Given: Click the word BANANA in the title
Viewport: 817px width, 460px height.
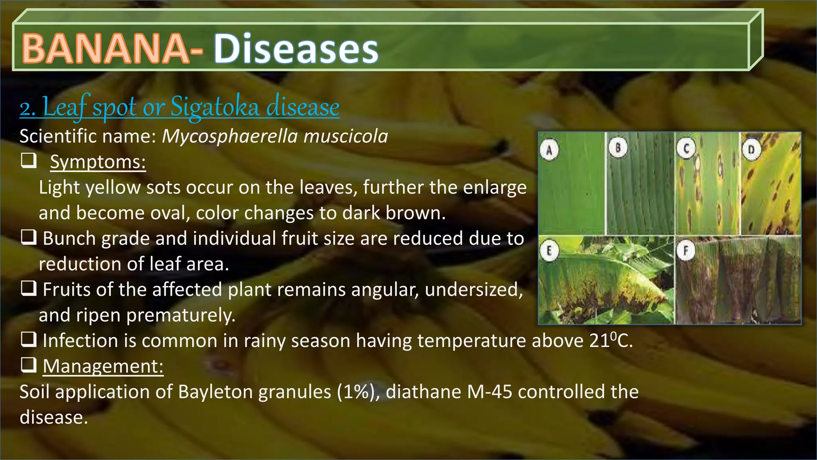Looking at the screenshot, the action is coord(105,49).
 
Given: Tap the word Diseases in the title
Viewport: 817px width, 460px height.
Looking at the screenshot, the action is coord(296,49).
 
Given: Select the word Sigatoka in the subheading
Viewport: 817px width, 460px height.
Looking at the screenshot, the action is coord(215,107).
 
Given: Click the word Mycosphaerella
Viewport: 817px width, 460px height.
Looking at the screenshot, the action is coord(229,137).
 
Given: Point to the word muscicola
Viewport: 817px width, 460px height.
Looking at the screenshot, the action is coord(345,136).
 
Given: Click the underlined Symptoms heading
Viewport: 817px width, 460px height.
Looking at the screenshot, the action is coord(98,162).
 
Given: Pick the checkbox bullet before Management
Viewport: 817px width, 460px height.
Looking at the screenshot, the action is coord(29,365).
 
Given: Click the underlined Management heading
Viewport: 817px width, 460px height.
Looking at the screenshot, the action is coord(103,366).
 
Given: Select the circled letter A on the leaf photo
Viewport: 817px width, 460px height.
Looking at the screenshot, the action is coord(549,151).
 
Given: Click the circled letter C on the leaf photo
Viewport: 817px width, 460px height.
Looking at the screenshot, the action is coord(686,149).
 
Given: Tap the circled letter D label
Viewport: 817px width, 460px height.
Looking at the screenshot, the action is coord(752,150).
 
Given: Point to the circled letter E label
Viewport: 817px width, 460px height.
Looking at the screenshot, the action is coord(549,251).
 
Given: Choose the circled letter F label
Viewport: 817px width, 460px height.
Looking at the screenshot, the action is coord(686,251).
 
